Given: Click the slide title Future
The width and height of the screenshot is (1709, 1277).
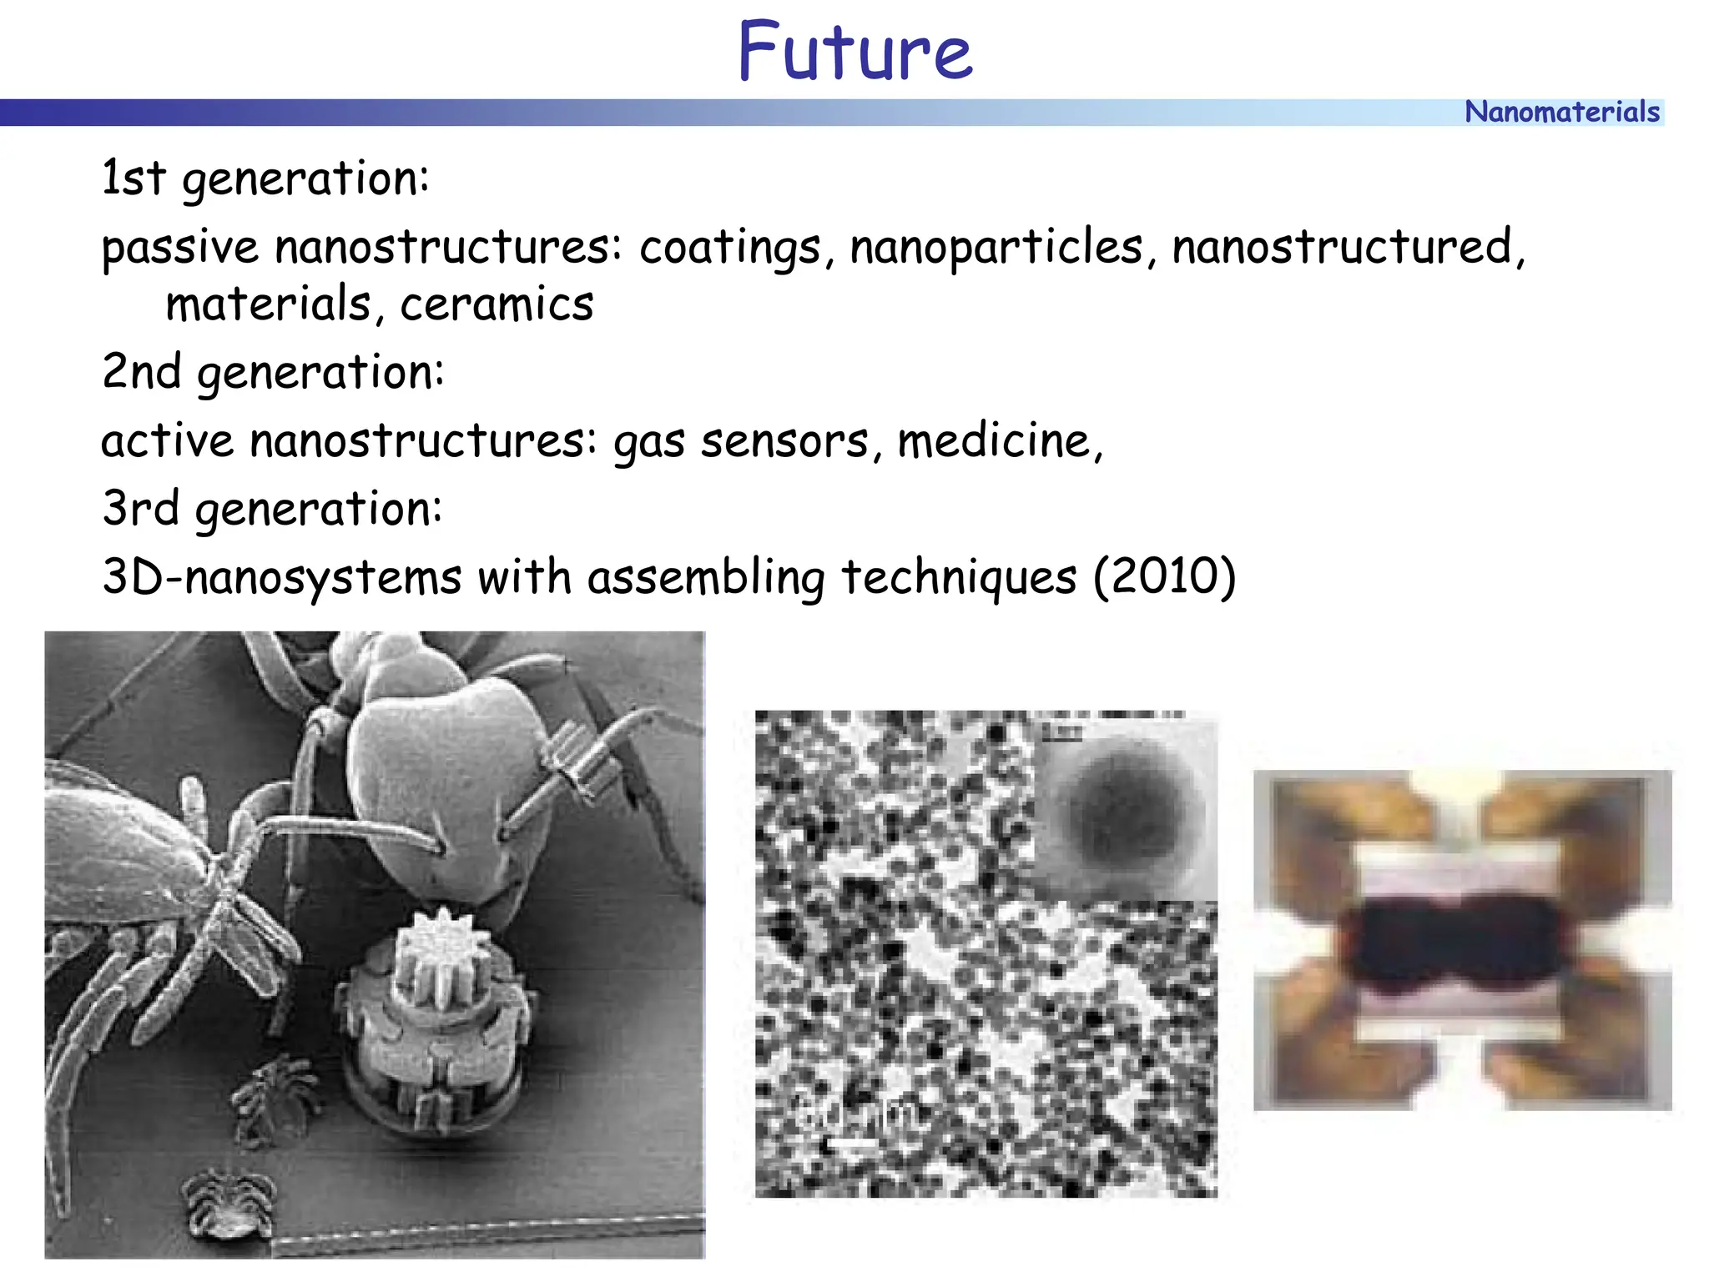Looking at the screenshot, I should (854, 52).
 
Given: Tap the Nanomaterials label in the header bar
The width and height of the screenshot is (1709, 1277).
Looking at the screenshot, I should (1561, 112).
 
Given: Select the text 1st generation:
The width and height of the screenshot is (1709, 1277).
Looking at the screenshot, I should (265, 178).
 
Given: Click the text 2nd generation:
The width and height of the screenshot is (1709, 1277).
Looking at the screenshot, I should (273, 372).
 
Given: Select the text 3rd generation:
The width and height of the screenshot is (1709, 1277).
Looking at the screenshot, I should (272, 509).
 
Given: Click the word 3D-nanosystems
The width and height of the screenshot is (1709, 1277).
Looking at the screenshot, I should (281, 578).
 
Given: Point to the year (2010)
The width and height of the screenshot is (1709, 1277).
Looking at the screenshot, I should (1164, 577).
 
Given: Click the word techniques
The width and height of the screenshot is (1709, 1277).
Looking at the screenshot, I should (959, 578).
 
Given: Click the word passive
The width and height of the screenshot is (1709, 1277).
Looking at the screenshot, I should (180, 249).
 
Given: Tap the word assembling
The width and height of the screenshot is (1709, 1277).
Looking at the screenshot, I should (706, 578).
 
